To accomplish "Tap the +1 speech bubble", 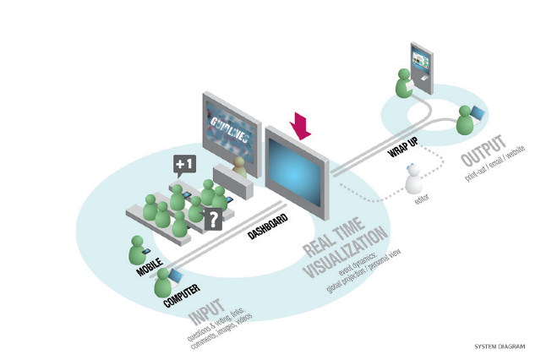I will (x=184, y=164).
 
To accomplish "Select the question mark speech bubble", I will (x=215, y=219).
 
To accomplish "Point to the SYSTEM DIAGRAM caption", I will (x=498, y=346).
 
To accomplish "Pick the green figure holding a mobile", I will (x=138, y=249).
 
